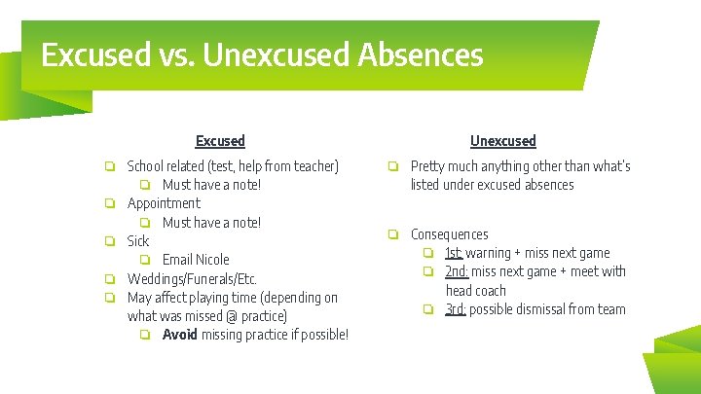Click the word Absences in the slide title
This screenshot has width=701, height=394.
click(420, 54)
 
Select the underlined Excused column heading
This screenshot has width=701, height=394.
click(220, 141)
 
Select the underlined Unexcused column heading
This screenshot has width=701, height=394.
click(502, 141)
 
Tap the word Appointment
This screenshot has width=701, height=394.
click(164, 203)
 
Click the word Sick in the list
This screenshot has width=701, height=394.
click(138, 241)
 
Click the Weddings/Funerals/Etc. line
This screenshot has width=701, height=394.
click(192, 279)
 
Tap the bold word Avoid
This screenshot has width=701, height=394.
click(179, 335)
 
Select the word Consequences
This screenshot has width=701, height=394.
click(449, 234)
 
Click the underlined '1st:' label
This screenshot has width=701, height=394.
click(455, 253)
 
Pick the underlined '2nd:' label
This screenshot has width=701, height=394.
click(457, 271)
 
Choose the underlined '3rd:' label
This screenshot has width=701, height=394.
click(456, 309)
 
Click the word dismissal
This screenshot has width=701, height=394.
click(540, 309)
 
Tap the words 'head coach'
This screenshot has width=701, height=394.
click(475, 290)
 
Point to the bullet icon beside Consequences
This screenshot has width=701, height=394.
click(393, 234)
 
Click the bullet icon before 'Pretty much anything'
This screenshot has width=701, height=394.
click(393, 166)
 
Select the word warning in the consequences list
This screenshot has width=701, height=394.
click(488, 253)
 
